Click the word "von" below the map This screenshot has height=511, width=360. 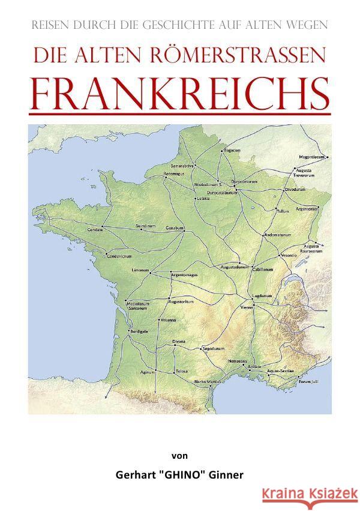point(180,455)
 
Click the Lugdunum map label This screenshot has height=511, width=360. point(262,296)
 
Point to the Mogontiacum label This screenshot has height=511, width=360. point(311,157)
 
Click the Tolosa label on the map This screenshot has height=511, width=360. point(182,372)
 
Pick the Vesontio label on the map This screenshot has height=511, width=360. point(289,255)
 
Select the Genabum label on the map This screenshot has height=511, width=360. point(175,228)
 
